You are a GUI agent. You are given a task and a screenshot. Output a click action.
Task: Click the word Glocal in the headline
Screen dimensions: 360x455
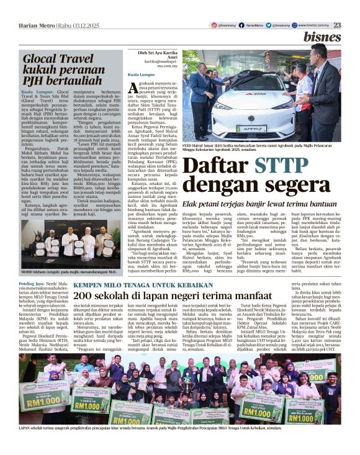47,60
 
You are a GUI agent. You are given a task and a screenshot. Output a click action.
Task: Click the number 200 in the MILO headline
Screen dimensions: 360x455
85,294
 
